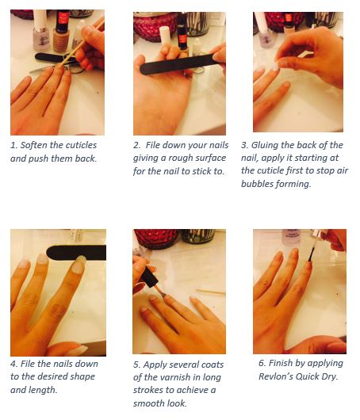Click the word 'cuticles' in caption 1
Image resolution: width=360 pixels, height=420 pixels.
(x=81, y=145)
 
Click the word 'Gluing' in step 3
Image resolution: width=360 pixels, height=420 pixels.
(x=264, y=145)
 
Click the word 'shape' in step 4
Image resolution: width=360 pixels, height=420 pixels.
(x=82, y=376)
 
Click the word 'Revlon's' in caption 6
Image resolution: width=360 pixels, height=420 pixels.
(x=276, y=376)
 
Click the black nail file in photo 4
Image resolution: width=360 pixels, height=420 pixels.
(x=76, y=252)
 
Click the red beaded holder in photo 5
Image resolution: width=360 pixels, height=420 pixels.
(x=155, y=239)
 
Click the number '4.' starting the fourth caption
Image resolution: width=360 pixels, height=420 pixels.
(x=14, y=364)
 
